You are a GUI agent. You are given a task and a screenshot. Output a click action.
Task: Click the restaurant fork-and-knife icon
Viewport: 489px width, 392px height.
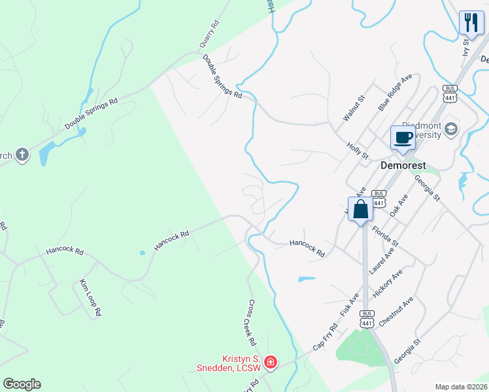coord(471,22)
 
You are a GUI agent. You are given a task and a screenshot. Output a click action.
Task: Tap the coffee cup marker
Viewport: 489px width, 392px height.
coord(403,139)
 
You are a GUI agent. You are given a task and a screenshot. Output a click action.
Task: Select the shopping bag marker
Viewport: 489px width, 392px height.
coord(360,210)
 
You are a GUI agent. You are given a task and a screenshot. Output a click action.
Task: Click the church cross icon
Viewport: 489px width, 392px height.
coord(22,155)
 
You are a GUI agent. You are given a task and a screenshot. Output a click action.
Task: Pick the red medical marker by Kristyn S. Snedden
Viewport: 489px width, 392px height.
coord(270,362)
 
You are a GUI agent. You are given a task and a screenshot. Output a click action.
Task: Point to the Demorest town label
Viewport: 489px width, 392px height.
coord(404,166)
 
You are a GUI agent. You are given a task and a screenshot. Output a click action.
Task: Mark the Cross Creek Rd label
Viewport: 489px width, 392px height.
coord(251,323)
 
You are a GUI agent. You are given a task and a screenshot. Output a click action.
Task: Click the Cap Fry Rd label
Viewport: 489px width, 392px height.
coord(325,336)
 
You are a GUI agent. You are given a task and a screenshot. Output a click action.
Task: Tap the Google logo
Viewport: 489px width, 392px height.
coord(22,384)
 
